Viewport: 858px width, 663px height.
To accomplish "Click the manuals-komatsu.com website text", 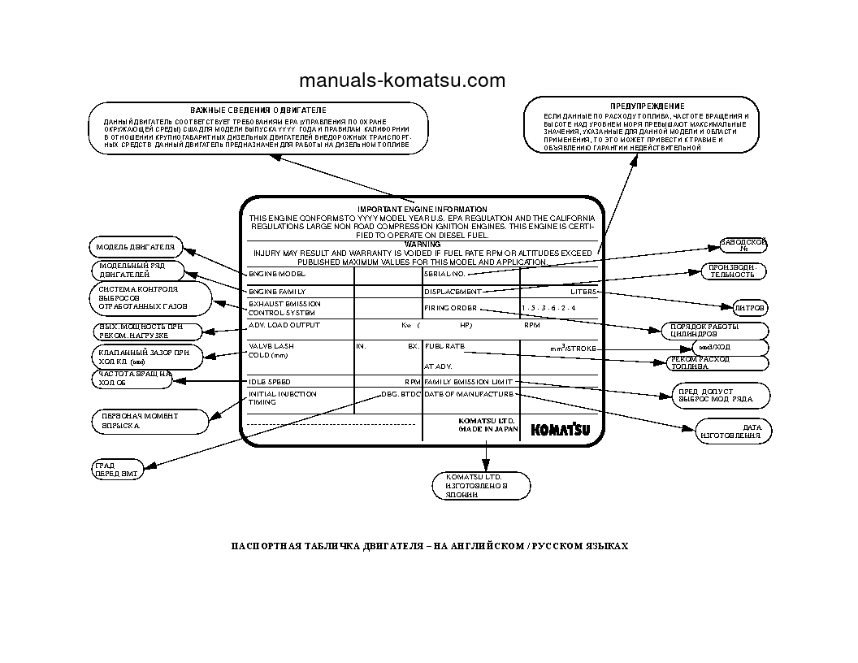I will [x=401, y=80].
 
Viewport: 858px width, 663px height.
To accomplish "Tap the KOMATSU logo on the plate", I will [x=561, y=430].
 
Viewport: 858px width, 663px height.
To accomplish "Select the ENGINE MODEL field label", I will [x=276, y=274].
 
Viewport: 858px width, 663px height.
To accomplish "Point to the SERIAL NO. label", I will [x=444, y=274].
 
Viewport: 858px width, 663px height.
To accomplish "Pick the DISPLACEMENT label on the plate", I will [x=453, y=291].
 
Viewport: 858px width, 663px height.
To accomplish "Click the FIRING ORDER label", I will [x=450, y=308].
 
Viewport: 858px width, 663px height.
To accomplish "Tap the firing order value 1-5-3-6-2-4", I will [x=548, y=309].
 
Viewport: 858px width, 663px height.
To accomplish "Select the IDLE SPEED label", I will [x=269, y=381].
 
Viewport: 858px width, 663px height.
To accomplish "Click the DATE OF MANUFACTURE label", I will [x=469, y=394].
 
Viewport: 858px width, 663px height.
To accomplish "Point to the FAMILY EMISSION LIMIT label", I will [x=468, y=381].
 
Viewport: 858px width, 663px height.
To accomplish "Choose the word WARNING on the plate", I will [x=422, y=244].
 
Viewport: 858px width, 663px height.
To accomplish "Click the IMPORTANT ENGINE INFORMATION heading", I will [x=422, y=210].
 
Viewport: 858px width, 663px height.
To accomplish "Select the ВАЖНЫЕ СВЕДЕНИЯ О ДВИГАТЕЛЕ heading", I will [x=258, y=109].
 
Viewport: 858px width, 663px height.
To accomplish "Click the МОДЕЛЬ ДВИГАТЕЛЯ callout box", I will [x=136, y=247].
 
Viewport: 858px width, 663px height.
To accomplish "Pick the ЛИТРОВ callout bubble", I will [x=749, y=308].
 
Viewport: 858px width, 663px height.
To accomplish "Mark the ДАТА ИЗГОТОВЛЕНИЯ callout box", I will [x=733, y=431].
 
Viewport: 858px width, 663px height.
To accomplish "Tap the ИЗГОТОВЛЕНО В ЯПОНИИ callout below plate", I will [x=480, y=485].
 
